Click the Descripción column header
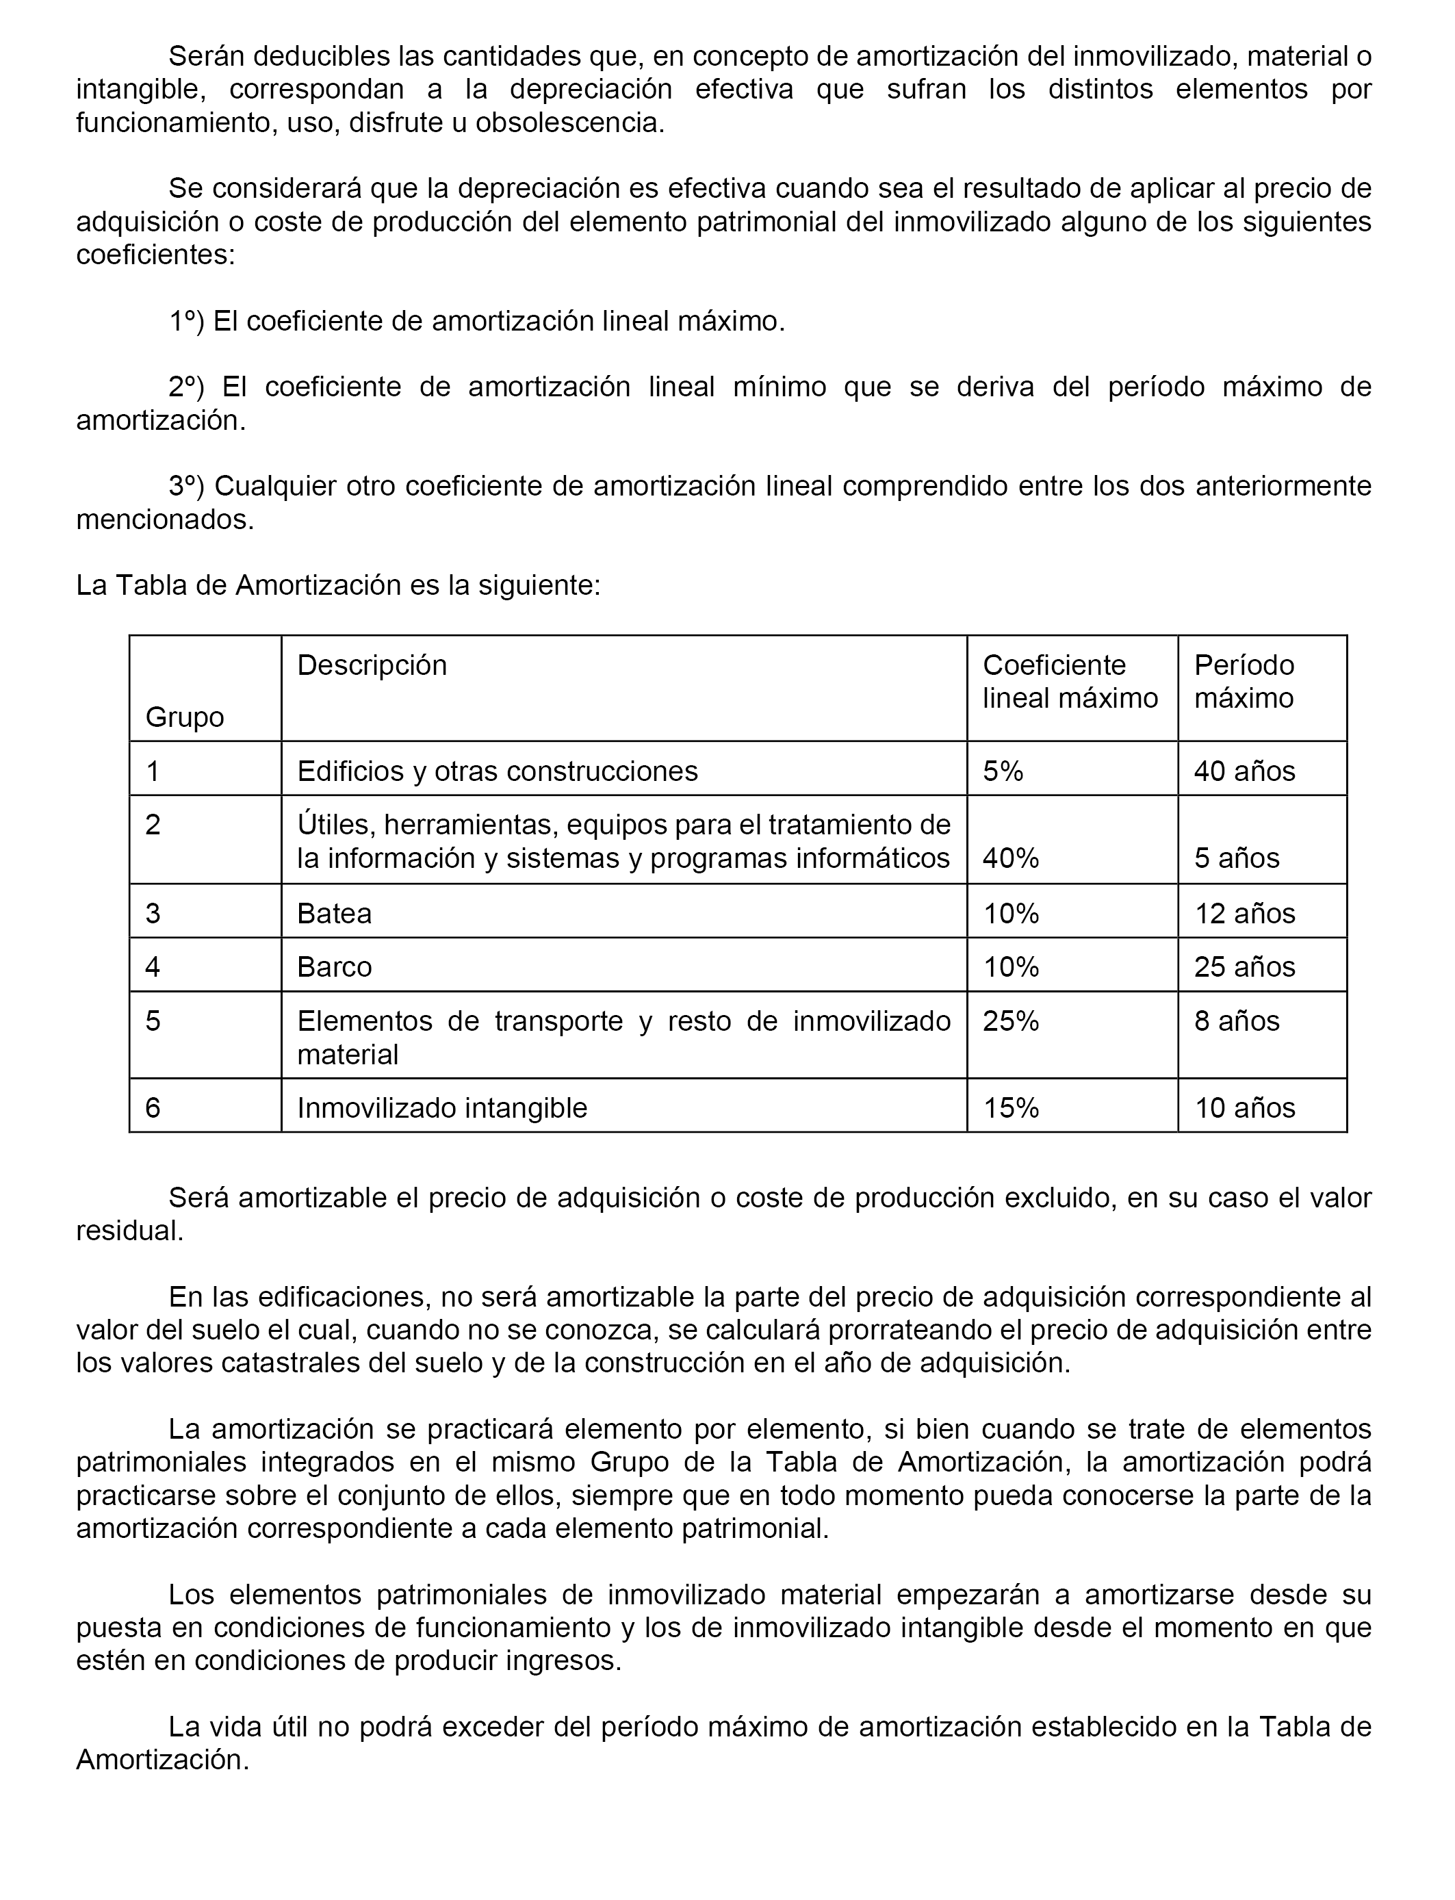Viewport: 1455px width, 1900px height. point(372,665)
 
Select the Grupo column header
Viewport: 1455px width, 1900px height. point(185,717)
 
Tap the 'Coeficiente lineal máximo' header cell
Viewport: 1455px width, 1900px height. point(1070,682)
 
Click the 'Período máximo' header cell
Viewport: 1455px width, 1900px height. point(1244,682)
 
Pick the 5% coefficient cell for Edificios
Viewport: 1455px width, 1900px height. point(1003,771)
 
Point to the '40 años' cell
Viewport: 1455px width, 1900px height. point(1244,771)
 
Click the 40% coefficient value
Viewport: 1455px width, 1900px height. point(1011,858)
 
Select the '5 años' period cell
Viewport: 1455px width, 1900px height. point(1237,858)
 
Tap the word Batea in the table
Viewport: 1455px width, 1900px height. point(334,914)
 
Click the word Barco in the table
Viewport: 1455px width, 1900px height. point(334,966)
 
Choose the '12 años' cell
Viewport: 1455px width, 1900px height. point(1244,914)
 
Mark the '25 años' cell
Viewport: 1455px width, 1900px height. point(1244,966)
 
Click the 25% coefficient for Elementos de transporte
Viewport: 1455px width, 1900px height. point(1011,1021)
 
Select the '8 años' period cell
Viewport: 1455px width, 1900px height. point(1237,1021)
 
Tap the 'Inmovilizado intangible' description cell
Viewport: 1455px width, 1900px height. point(441,1107)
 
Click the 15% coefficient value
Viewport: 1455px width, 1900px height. point(1011,1107)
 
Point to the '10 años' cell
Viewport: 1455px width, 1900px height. point(1244,1107)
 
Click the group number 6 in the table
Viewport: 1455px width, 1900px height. point(153,1107)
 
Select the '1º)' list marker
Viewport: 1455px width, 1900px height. point(186,321)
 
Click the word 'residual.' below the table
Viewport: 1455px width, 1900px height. point(130,1231)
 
